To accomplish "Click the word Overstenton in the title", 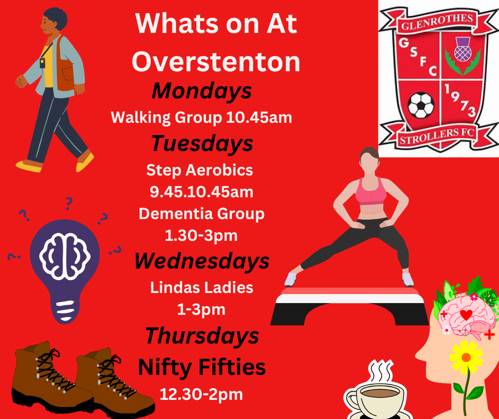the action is point(216,62).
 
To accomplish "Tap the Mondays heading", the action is point(202,91).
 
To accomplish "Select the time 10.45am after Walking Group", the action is point(259,118).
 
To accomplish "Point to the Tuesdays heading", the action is point(202,143).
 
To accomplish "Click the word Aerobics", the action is point(219,170).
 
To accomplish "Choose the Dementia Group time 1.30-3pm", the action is point(201,236).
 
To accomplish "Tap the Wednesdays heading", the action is point(202,261).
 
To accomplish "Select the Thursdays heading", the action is point(202,336).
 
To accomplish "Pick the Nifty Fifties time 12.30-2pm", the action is point(201,395).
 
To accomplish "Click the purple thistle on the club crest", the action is point(463,49).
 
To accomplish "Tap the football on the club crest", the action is point(421,105).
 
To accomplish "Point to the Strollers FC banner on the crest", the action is point(437,136).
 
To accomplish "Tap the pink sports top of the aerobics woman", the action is point(371,191).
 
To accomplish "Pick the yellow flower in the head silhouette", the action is point(466,357).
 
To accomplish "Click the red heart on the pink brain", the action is point(466,315).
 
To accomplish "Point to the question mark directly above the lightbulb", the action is point(68,203).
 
